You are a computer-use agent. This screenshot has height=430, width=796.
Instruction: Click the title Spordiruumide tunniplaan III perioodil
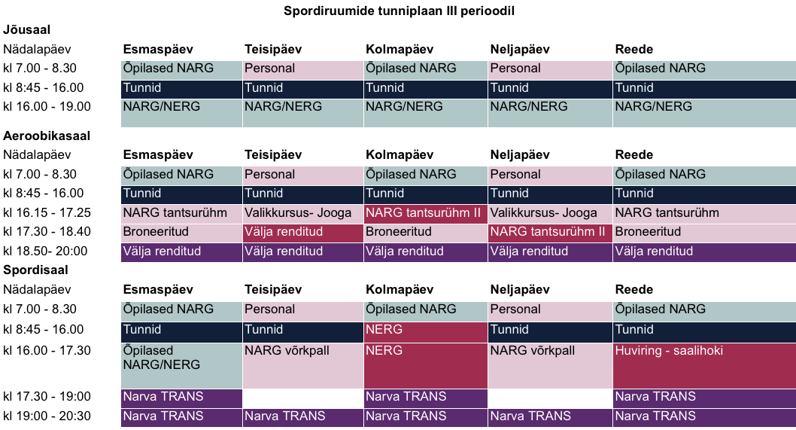click(399, 11)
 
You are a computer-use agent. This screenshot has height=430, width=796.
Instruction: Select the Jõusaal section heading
click(27, 30)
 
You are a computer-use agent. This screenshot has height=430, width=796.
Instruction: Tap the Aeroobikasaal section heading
click(47, 136)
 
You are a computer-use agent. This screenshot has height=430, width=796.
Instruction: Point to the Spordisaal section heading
click(35, 270)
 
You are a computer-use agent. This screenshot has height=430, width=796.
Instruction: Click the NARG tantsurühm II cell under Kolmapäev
click(425, 213)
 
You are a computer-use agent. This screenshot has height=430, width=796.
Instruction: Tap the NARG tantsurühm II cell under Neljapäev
click(549, 232)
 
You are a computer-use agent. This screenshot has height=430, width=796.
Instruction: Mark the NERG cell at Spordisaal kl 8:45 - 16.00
click(425, 329)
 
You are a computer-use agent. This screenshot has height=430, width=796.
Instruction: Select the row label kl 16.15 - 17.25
click(47, 213)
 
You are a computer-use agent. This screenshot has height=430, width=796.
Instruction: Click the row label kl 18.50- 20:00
click(45, 252)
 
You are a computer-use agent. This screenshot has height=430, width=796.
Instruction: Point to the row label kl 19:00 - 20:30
click(47, 416)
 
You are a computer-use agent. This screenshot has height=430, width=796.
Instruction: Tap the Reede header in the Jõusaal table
click(633, 50)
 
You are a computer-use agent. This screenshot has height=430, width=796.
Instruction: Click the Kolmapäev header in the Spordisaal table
click(400, 290)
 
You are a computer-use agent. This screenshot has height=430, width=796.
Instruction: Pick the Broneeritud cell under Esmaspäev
click(181, 232)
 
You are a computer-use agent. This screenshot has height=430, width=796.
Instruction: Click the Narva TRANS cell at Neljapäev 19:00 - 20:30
click(549, 416)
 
